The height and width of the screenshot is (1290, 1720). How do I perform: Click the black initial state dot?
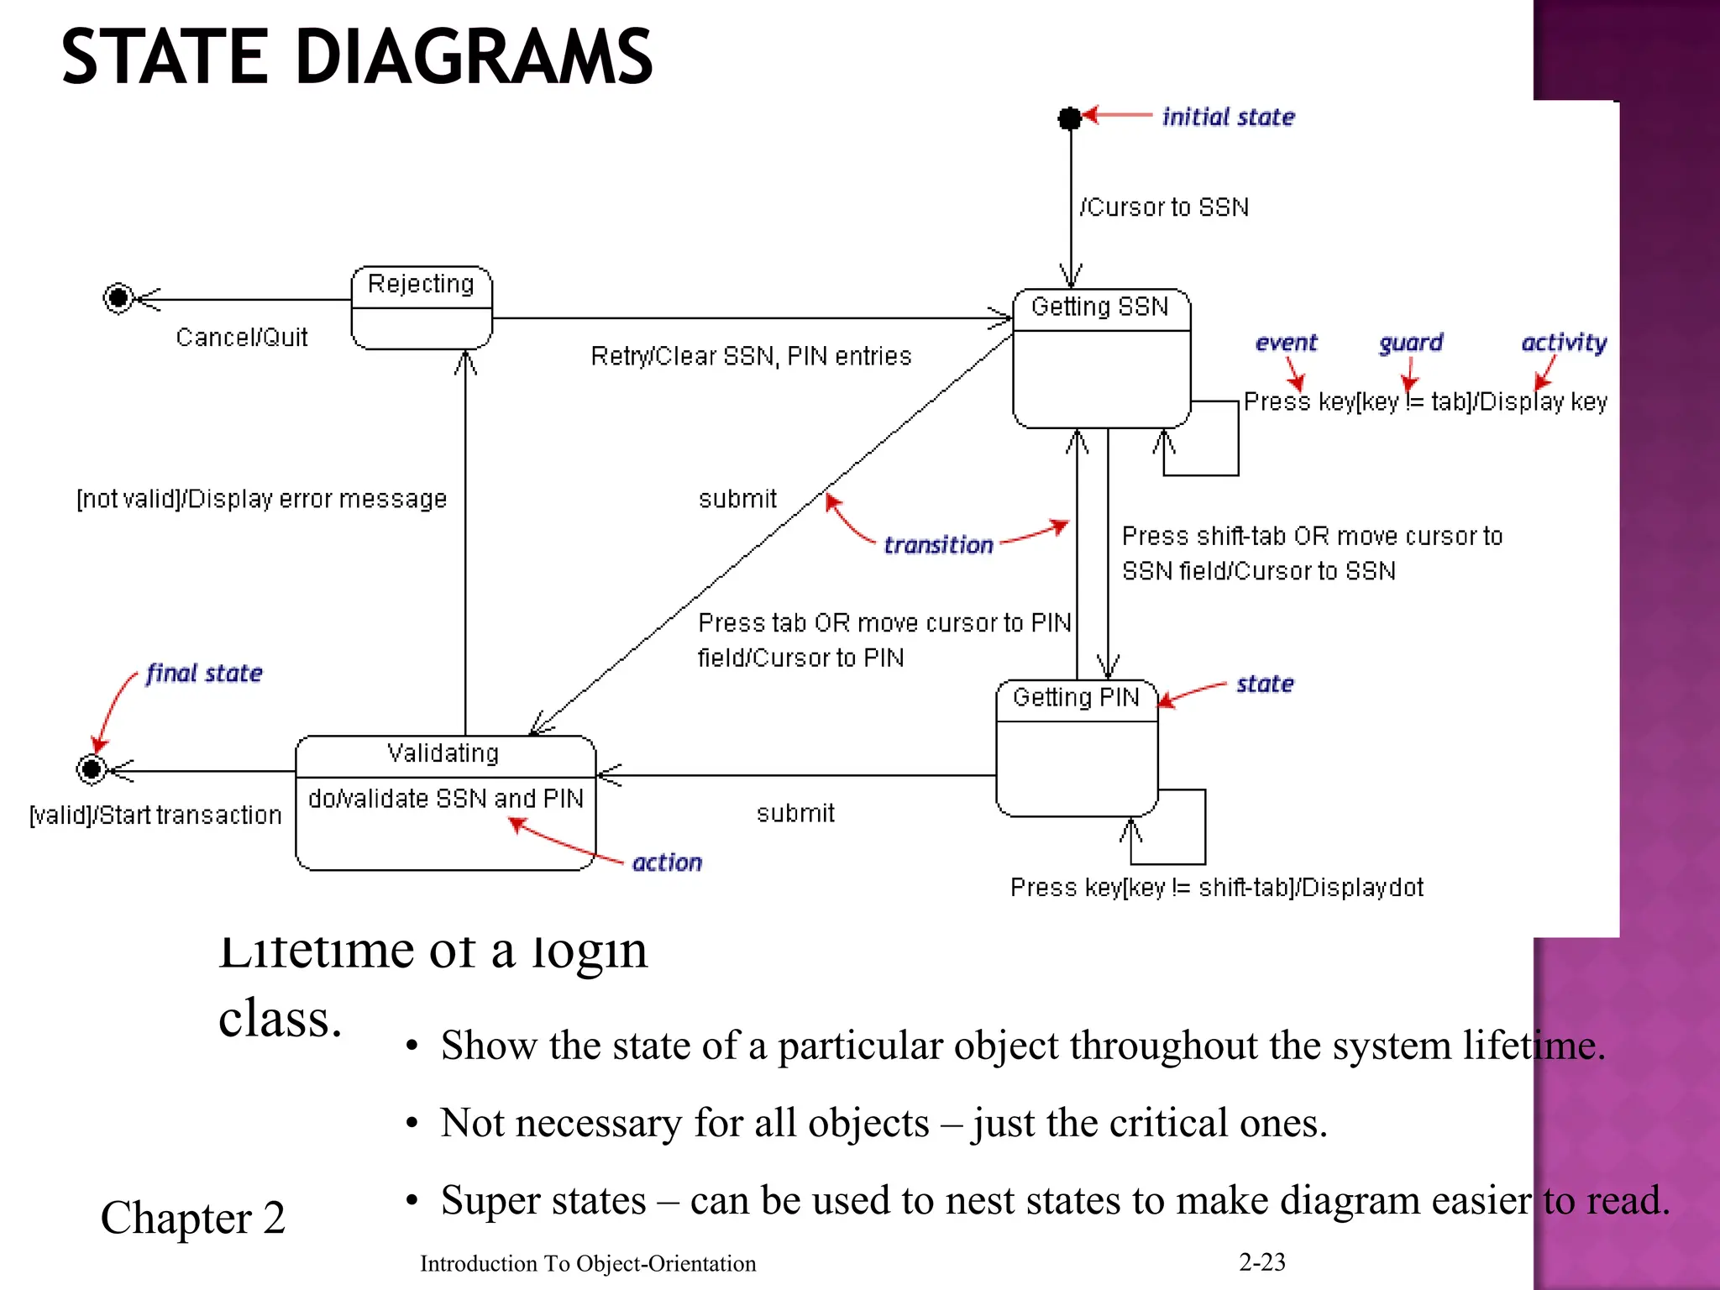1069,118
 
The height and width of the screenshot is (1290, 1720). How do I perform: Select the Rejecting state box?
422,308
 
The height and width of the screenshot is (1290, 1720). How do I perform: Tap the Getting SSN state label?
1099,307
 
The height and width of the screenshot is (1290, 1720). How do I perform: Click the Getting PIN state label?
1075,698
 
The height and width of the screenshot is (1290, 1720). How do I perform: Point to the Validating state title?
443,753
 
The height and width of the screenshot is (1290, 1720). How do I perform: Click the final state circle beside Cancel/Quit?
118,297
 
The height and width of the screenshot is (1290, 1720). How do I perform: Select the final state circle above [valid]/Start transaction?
92,768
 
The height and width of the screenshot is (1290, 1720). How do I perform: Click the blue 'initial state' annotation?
1228,118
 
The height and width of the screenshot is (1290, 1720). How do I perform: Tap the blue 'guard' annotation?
1410,343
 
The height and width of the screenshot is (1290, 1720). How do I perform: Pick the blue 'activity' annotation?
1564,343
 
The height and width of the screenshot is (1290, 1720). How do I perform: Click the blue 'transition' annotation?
938,545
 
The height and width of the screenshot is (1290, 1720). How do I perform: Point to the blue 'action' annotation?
667,863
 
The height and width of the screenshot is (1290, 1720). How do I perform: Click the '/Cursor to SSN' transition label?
1164,207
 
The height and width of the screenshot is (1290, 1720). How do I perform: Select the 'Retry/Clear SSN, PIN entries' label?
751,356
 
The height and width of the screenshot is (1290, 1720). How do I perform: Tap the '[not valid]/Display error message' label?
261,499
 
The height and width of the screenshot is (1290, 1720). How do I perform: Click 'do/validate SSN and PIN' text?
445,799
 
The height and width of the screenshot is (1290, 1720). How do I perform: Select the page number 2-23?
1261,1261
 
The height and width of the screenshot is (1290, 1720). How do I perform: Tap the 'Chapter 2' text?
193,1218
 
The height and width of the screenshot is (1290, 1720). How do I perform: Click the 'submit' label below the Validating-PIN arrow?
795,813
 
